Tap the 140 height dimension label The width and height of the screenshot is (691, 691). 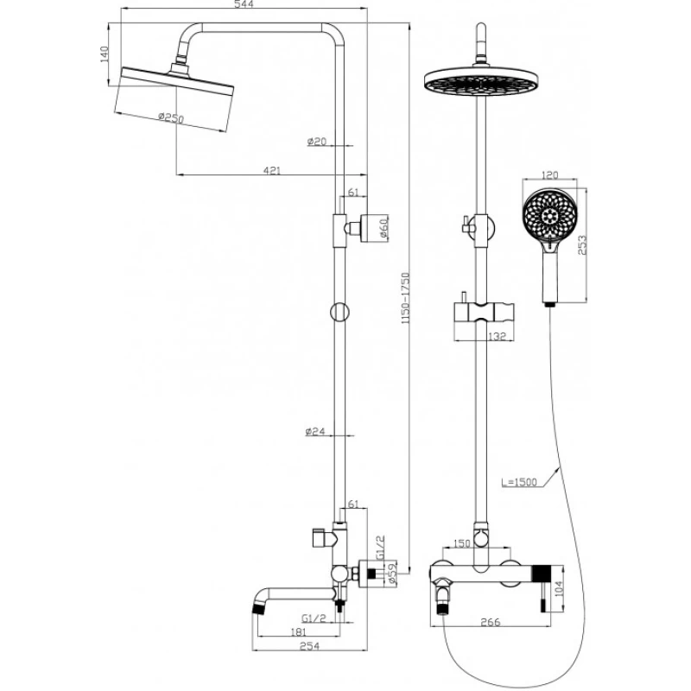[105, 54]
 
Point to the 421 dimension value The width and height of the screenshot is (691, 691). [272, 171]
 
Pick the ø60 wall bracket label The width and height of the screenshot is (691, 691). [386, 229]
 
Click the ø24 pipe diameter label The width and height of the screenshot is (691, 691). [315, 431]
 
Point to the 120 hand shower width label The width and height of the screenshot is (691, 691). [545, 173]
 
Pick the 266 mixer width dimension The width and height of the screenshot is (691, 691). [491, 621]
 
